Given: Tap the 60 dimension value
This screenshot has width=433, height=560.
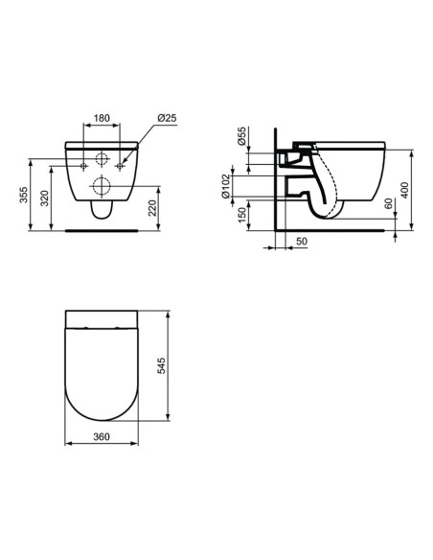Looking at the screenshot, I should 386,205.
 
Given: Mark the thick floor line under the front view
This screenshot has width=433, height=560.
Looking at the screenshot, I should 101,230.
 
